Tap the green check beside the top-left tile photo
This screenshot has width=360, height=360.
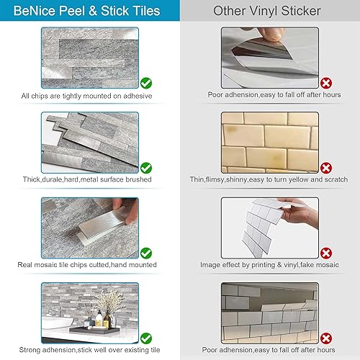pos(146,84)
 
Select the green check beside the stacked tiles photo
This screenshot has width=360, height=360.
pos(146,168)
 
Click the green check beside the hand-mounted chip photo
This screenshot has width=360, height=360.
pos(146,253)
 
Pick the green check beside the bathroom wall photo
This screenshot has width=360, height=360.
pos(146,337)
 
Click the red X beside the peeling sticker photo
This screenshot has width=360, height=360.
pos(326,84)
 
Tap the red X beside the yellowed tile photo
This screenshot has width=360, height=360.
pos(326,168)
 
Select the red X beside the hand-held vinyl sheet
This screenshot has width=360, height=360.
pos(326,253)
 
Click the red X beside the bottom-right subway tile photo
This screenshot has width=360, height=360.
pos(326,337)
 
